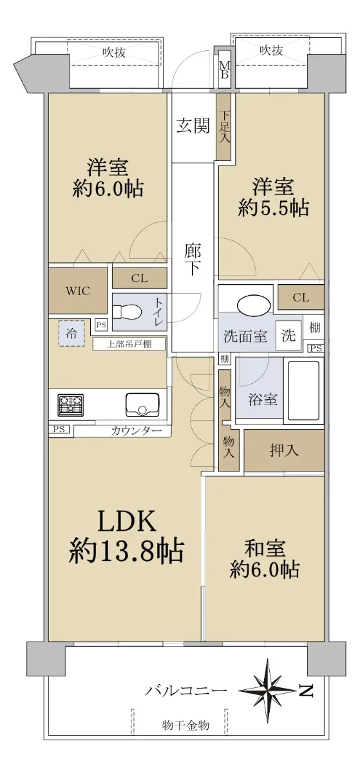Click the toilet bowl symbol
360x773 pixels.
pos(127,312)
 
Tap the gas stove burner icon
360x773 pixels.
pos(71,405)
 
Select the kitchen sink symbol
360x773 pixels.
pos(142,405)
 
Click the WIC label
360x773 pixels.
pos(78,291)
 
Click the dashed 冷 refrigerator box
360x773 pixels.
pos(71,333)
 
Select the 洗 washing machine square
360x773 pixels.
pos(289,334)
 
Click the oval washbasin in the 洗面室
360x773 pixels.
pos(254,304)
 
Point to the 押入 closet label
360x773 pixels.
pos(284,450)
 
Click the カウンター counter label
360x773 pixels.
pos(137,431)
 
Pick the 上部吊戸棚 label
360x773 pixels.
pos(129,344)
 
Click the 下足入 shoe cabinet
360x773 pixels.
pos(224,127)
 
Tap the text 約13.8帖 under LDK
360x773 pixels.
pos(126,551)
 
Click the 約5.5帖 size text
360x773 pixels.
pos(273,207)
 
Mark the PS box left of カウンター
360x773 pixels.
pos(59,429)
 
